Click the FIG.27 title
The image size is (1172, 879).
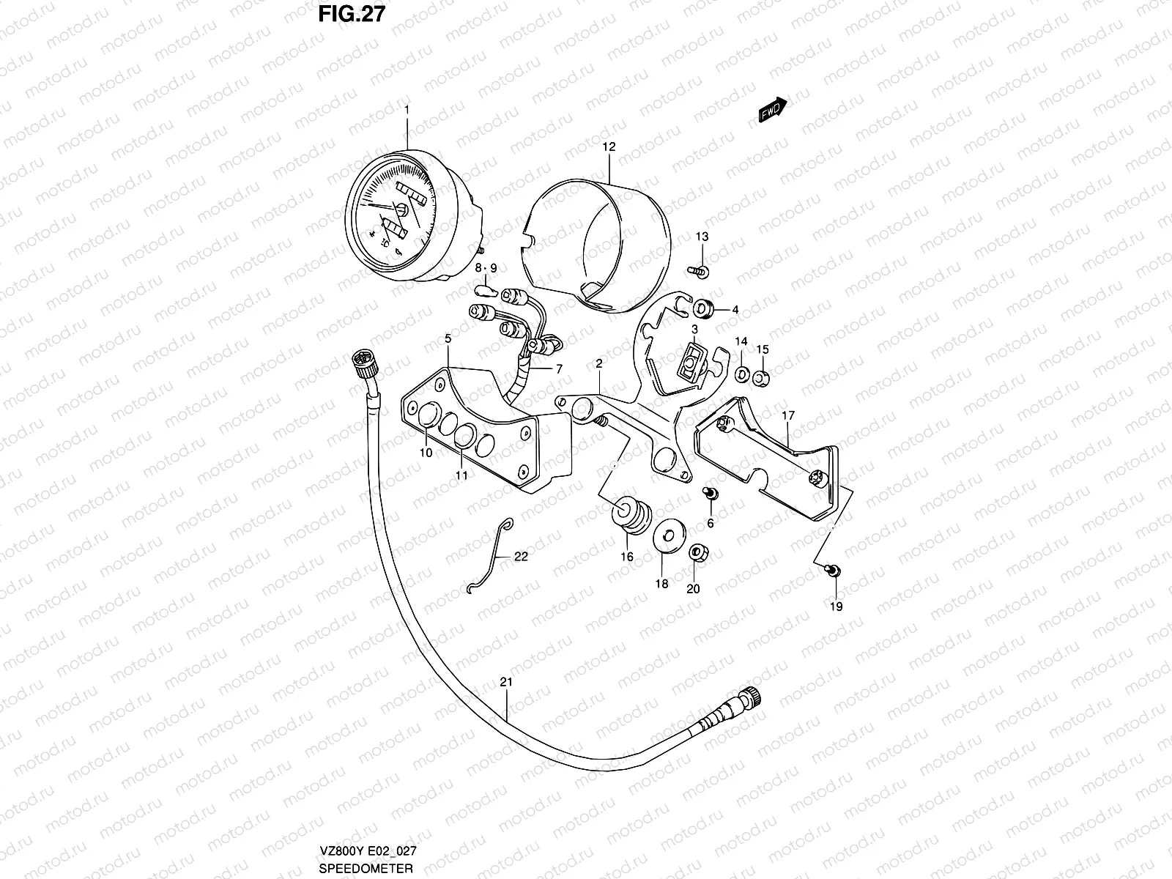(x=350, y=15)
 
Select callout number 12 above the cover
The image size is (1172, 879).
(x=609, y=146)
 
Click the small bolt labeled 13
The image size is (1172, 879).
(x=699, y=271)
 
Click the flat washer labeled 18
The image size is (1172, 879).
(x=667, y=534)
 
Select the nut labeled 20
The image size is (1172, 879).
(x=698, y=552)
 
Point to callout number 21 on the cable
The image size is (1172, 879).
(x=506, y=681)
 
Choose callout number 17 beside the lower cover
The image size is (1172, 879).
(x=787, y=416)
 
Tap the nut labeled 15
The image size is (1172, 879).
(x=762, y=378)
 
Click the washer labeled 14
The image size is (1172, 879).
(x=741, y=376)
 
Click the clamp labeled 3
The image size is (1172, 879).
(x=692, y=362)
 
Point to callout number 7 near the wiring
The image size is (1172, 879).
(x=558, y=369)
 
